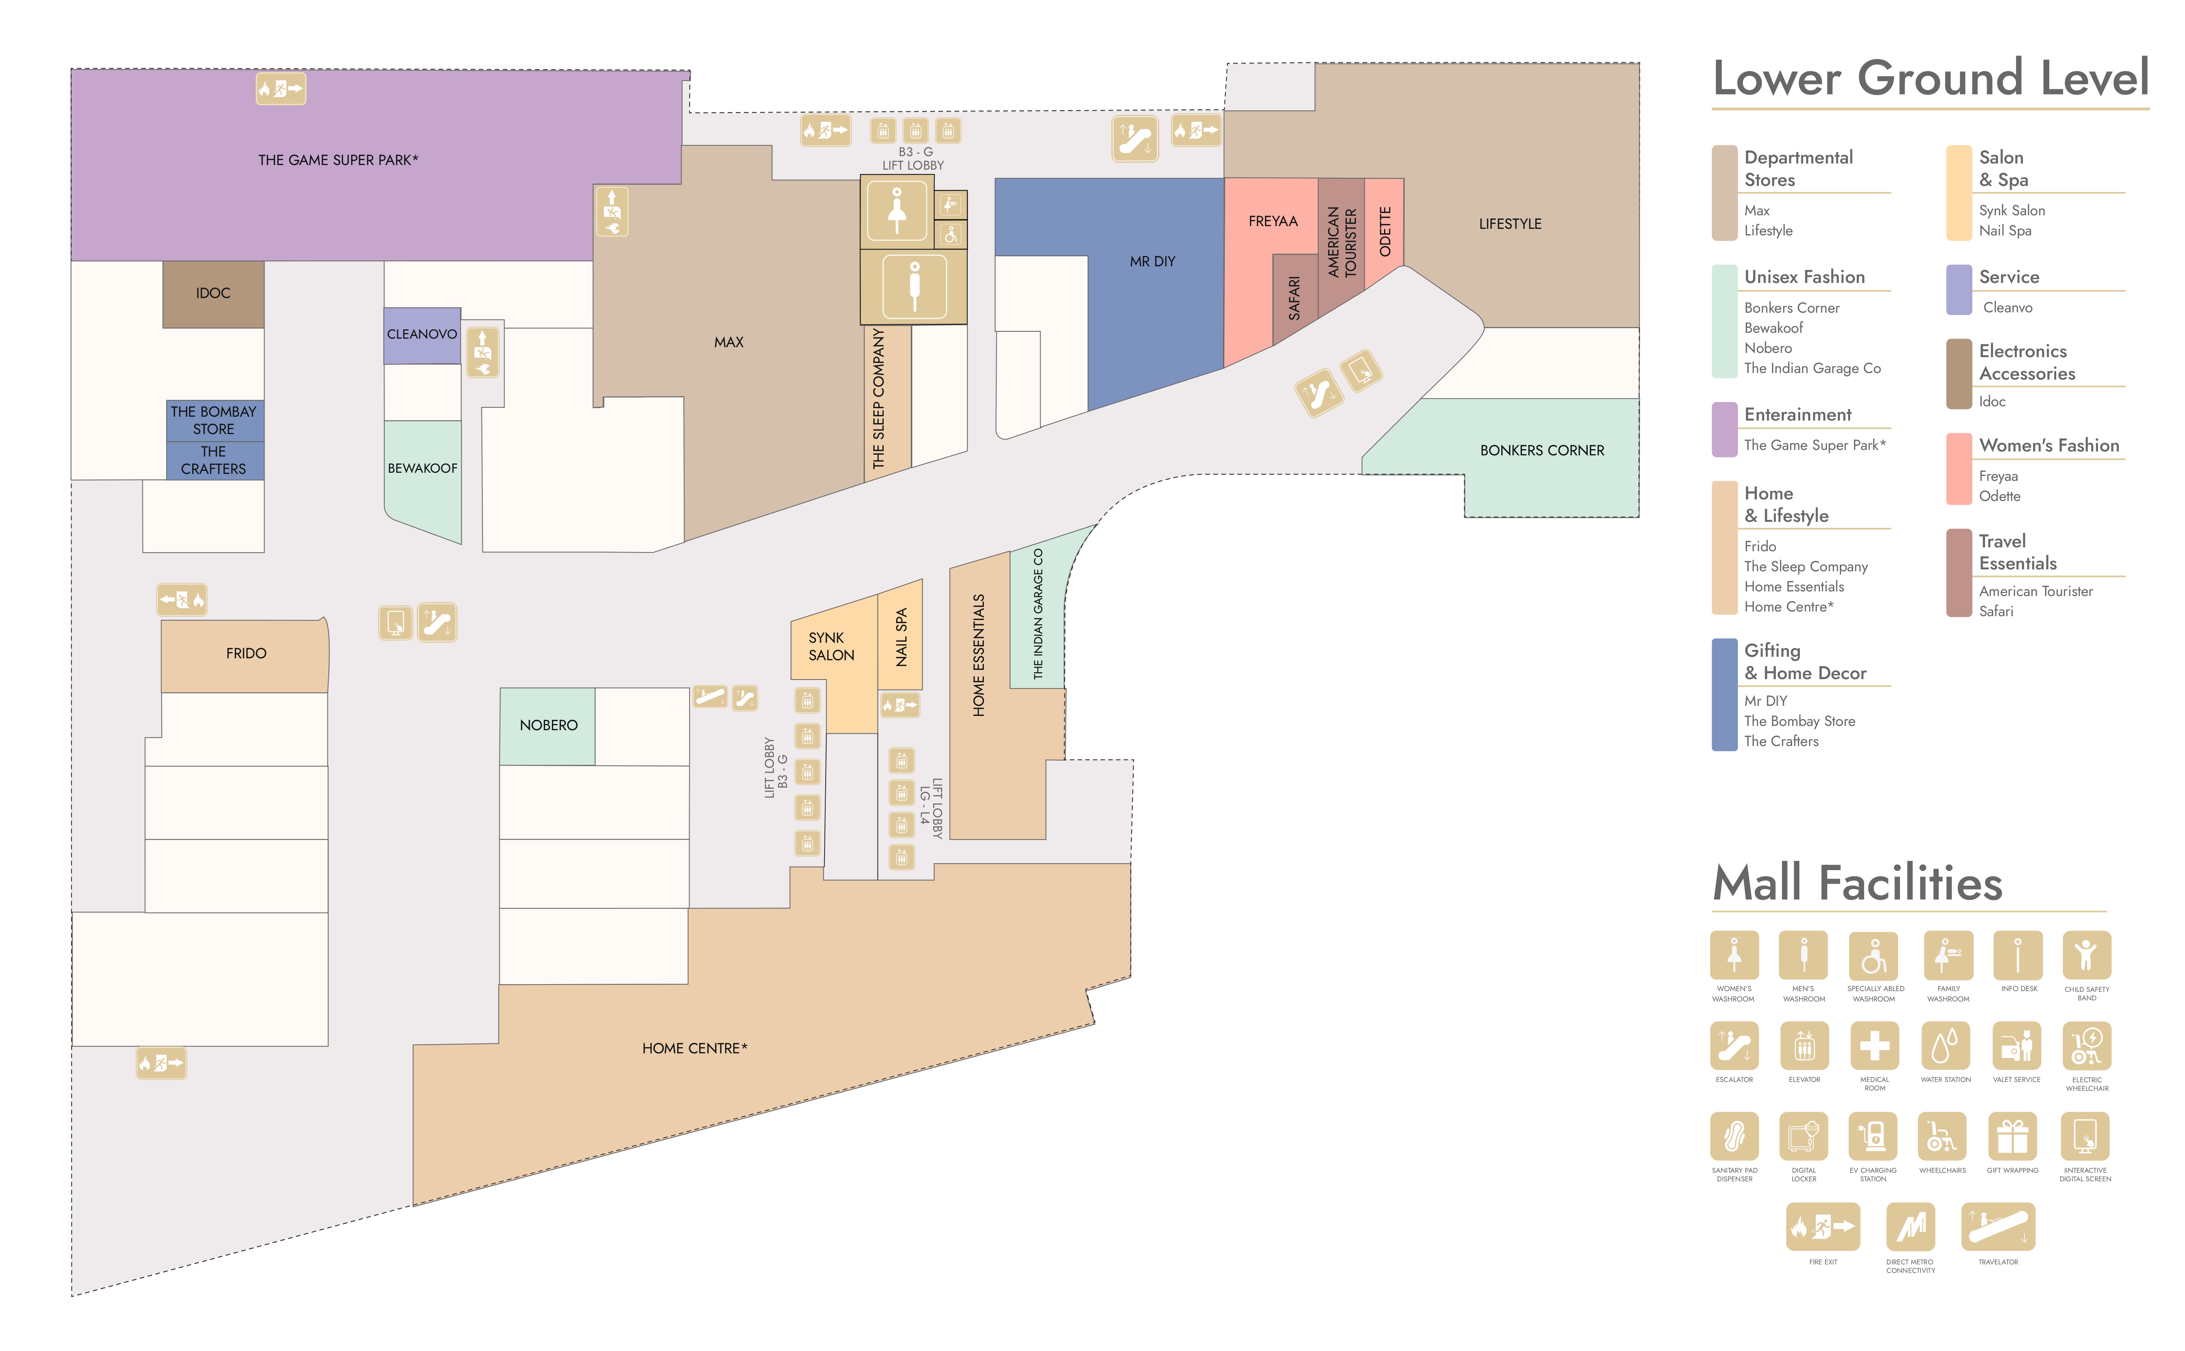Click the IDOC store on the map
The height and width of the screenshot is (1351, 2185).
tap(213, 294)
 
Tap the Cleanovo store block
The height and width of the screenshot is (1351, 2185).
tap(422, 335)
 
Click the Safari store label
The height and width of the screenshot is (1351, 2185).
tap(1294, 298)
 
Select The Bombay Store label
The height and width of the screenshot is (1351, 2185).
tap(213, 420)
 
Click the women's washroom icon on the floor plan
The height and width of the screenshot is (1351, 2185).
tap(896, 211)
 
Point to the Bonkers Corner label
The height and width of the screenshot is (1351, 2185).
tap(1541, 450)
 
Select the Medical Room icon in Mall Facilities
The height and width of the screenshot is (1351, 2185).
tap(1874, 1045)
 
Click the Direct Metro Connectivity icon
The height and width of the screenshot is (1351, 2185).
tap(1910, 1227)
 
